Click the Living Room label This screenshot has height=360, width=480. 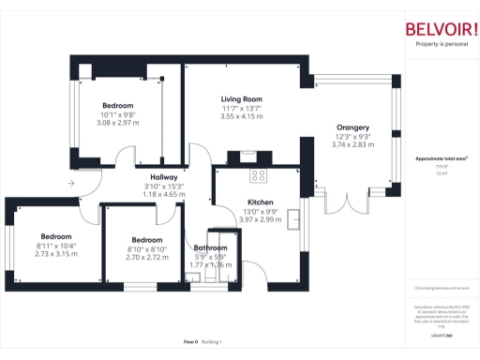coord(241,98)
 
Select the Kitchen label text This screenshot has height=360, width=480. coord(260,202)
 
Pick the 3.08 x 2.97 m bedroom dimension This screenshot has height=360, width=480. coord(117,123)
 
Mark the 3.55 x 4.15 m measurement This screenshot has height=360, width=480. coord(241,116)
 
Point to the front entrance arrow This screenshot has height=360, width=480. coord(73,184)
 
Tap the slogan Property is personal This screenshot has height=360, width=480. coord(441,45)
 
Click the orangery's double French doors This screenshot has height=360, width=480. coord(345,201)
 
